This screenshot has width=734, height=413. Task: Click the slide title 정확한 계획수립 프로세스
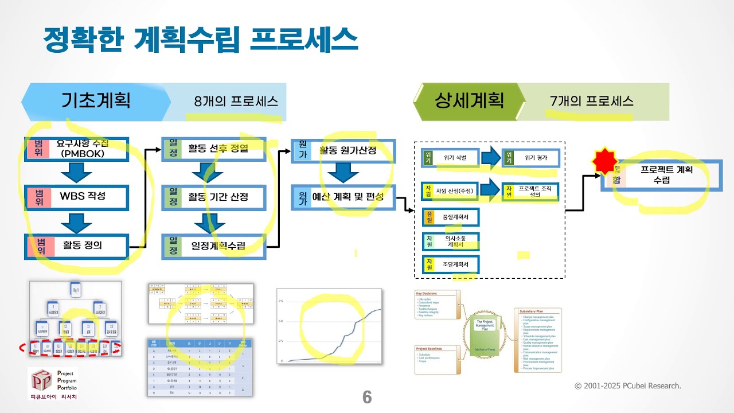201,38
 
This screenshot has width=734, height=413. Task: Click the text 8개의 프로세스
236,102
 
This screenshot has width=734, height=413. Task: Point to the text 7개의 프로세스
591,102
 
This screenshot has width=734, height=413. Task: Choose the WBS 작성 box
76,197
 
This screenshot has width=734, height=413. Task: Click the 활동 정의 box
76,246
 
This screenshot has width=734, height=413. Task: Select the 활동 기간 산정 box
214,197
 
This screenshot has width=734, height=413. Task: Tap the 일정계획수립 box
214,246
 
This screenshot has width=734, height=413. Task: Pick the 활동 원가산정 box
343,150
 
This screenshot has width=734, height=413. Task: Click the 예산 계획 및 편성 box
343,197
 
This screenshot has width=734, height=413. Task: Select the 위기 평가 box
530,158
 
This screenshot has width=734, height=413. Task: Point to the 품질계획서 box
450,217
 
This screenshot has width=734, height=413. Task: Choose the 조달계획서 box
450,264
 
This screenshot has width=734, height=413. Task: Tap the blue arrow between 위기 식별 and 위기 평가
490,158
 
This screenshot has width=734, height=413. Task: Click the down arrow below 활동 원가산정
343,172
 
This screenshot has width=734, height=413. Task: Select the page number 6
367,397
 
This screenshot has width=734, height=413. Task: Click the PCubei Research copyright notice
628,386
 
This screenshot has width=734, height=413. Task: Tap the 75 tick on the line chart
281,301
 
